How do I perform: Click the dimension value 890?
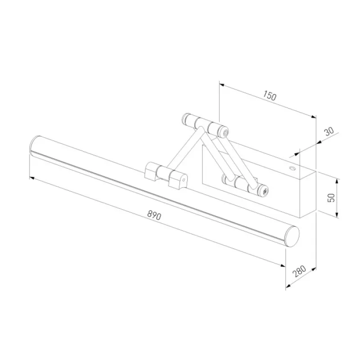point(154,216)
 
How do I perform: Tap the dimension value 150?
point(270,95)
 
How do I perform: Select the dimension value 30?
point(329,131)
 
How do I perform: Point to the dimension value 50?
point(331,198)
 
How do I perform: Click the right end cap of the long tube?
point(292,237)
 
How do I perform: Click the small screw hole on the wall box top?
point(292,168)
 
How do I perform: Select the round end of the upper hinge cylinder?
point(225,133)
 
